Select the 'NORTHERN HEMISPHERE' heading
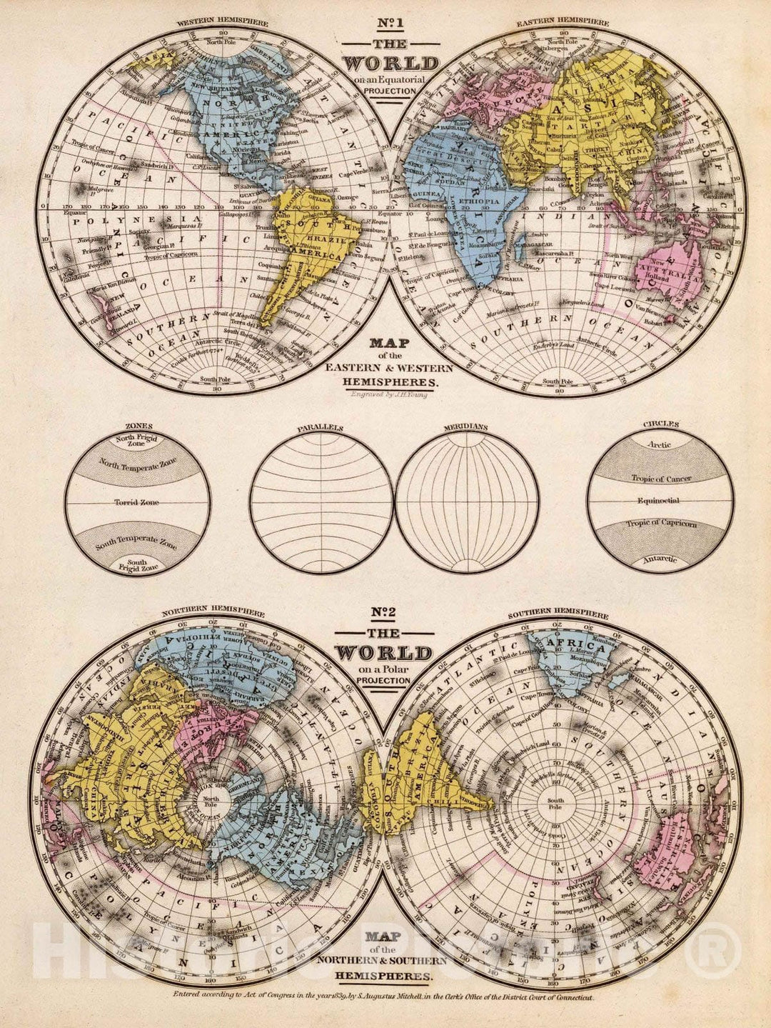point(213,612)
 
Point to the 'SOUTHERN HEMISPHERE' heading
point(558,614)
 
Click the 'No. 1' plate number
point(388,30)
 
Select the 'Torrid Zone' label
point(136,502)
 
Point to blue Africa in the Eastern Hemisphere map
point(457,207)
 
